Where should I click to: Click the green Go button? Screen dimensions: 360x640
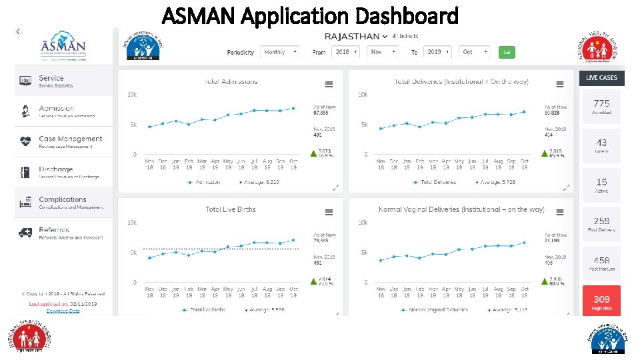507,52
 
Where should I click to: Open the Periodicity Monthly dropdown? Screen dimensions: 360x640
279,52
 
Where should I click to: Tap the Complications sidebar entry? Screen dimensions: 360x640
63,202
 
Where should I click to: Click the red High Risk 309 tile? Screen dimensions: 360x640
601,302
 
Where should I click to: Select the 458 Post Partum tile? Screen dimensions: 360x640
601,263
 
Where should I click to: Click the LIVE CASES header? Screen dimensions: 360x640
601,78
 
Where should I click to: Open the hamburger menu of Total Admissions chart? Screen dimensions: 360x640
329,84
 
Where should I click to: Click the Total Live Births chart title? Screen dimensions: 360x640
230,209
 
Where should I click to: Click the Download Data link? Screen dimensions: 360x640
63,311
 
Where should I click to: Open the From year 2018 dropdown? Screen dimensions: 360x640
346,52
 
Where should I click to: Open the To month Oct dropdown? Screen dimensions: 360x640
475,52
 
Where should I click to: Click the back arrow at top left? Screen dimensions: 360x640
18,31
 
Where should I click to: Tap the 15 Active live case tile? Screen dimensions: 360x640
601,185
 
